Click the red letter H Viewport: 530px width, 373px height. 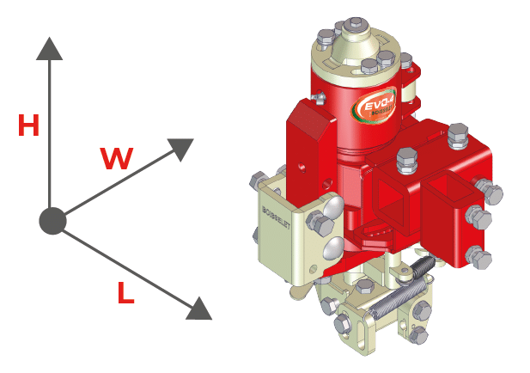pyautogui.click(x=29, y=126)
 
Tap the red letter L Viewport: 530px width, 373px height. pyautogui.click(x=125, y=295)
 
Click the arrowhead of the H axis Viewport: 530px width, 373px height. pyautogui.click(x=50, y=47)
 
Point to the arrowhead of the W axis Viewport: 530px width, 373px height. pyautogui.click(x=181, y=148)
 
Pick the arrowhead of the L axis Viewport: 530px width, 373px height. pyautogui.click(x=199, y=308)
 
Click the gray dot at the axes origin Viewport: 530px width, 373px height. pyautogui.click(x=52, y=221)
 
